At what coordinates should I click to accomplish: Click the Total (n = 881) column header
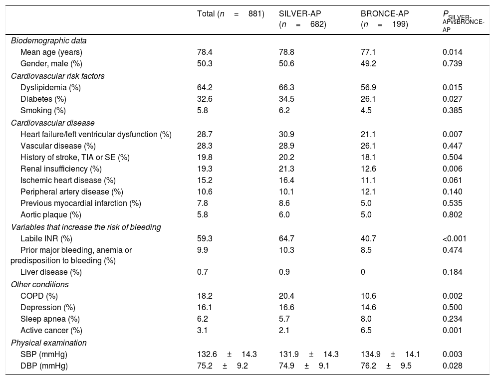coord(231,14)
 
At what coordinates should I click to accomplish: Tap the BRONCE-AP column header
coord(384,19)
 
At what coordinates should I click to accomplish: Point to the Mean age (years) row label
coord(51,52)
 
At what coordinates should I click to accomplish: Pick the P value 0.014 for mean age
coord(452,52)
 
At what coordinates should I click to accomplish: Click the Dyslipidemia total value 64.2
coord(205,87)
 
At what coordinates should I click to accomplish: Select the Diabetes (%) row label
coord(43,99)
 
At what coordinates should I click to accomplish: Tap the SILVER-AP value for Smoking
coord(284,110)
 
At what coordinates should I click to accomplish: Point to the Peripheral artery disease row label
coord(71,191)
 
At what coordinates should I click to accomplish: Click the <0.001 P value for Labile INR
coord(454,238)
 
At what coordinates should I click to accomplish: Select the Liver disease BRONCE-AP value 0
coord(363,272)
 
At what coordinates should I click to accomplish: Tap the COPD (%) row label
coord(39,296)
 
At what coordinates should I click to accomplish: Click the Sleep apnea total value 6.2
coord(203,319)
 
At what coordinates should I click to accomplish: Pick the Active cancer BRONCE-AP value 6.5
coord(366,330)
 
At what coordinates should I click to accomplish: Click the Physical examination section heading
coord(49,343)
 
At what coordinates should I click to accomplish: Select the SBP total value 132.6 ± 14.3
coord(227,354)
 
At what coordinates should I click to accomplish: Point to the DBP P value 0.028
coord(452,366)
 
